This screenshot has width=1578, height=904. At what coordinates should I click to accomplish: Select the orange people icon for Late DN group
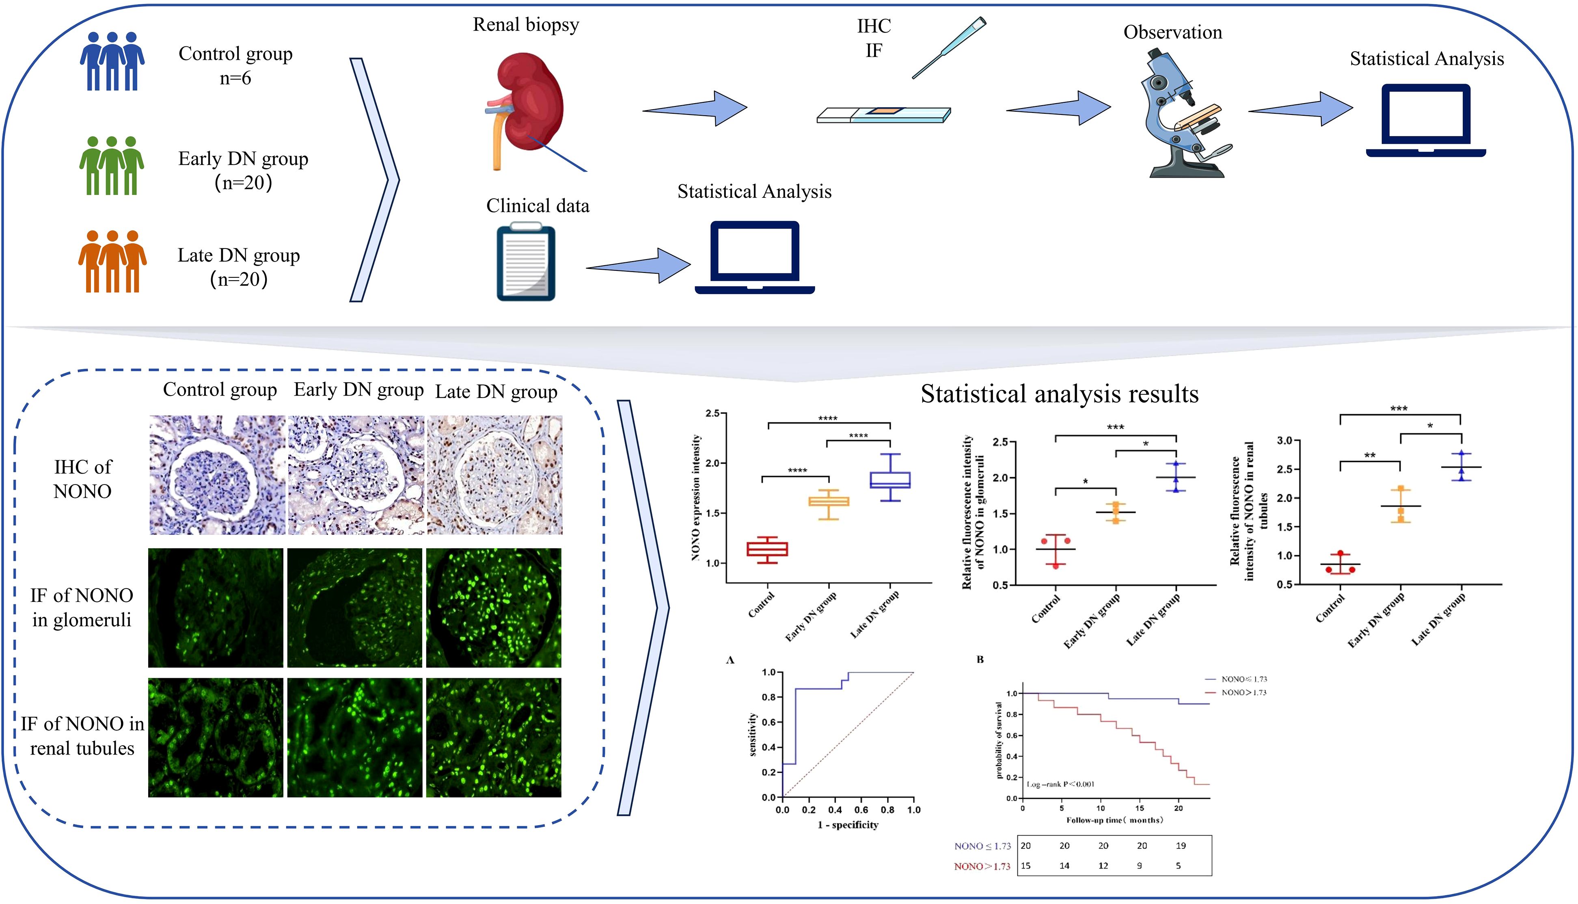point(112,262)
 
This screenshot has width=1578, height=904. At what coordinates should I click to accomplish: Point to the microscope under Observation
point(1182,115)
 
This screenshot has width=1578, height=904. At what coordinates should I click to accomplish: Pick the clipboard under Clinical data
point(526,263)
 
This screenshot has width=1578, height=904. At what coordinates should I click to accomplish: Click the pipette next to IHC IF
point(949,48)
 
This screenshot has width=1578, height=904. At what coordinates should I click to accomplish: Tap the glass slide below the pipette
point(883,115)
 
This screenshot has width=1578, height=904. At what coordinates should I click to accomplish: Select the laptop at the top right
point(1426,121)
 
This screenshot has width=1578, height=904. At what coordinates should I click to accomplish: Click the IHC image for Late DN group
point(494,475)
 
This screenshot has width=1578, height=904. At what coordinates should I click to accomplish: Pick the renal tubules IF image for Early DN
point(354,737)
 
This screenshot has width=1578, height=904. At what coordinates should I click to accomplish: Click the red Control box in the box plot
point(767,549)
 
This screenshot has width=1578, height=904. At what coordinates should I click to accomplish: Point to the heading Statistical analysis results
point(1059,394)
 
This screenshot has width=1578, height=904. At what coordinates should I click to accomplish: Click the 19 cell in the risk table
point(1180,846)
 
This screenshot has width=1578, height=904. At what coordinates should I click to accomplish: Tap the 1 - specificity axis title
point(848,824)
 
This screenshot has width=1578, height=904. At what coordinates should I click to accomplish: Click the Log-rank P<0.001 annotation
point(1060,784)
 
